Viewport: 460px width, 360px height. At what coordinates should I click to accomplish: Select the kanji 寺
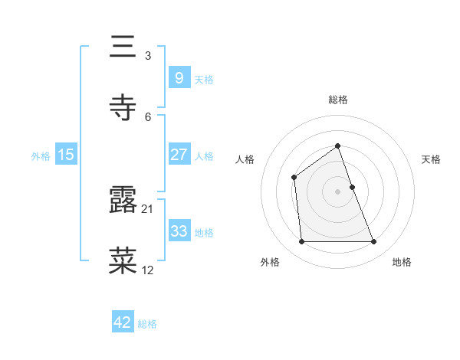[124, 108]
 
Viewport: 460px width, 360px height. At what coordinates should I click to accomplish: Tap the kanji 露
[124, 201]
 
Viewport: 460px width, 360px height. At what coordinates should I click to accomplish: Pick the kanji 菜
[124, 261]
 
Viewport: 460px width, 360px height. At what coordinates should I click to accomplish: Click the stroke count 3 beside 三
[147, 55]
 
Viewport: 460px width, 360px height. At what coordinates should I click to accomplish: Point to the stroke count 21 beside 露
[148, 208]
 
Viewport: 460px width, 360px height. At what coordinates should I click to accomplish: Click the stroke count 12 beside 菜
[148, 270]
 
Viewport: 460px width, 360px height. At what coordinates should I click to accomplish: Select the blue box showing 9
[179, 77]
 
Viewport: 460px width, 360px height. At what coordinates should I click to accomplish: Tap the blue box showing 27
[179, 155]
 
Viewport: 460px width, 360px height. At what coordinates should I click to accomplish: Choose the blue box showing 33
[179, 231]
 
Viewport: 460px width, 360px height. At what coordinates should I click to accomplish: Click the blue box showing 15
[66, 155]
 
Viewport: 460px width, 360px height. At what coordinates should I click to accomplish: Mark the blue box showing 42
[122, 322]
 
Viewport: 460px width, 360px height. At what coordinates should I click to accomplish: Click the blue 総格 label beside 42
[147, 324]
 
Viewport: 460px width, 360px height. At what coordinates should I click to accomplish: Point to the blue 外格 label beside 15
[41, 156]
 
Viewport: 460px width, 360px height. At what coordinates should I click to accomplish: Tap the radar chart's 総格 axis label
[337, 100]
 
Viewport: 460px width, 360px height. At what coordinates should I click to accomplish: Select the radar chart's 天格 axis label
[432, 159]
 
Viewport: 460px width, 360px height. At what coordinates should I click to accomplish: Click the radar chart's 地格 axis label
[402, 262]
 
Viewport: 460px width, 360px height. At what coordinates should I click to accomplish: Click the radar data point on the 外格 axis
[301, 242]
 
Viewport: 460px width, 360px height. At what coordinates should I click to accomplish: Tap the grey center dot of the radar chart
[337, 191]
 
